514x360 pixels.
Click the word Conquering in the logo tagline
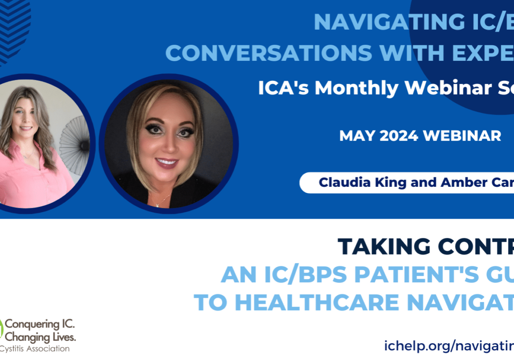click(x=39, y=325)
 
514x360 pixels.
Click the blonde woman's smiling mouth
click(x=167, y=162)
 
